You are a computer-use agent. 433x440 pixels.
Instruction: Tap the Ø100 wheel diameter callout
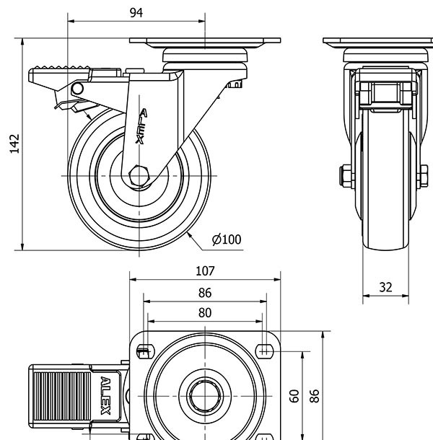(227, 239)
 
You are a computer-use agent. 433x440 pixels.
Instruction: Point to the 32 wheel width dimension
(385, 287)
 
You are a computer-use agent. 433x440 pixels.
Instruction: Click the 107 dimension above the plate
(205, 271)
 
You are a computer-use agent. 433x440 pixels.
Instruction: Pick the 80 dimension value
(205, 312)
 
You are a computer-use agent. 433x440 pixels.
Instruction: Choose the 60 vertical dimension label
(294, 395)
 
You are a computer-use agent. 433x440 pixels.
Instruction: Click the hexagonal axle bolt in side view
(139, 176)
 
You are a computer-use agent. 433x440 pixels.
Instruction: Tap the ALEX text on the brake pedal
(105, 395)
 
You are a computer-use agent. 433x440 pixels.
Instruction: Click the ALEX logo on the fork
(142, 127)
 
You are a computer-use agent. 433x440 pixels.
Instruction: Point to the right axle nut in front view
(424, 175)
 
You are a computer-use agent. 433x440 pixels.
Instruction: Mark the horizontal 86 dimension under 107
(205, 293)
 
